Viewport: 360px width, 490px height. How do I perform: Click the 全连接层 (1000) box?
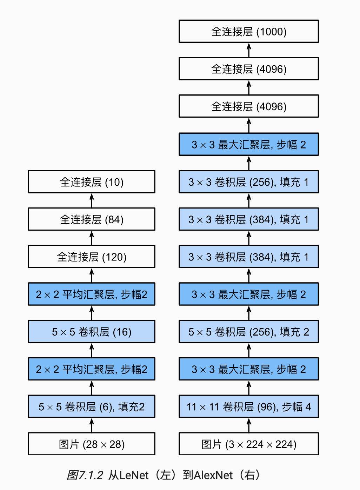tap(248, 31)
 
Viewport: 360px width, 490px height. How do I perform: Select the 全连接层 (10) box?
tap(92, 182)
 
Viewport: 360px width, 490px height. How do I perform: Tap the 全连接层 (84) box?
tap(92, 219)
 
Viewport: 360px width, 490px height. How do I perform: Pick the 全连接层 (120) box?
tap(92, 257)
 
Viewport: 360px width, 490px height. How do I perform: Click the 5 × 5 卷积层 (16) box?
tap(92, 332)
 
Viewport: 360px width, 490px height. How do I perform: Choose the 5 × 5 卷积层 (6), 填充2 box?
tap(92, 406)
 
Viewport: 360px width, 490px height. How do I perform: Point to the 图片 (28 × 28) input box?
tap(92, 444)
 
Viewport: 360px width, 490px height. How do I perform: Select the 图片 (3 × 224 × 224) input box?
tap(248, 444)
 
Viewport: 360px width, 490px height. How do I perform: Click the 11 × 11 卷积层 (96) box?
tap(248, 406)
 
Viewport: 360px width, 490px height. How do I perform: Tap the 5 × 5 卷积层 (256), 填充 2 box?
tap(248, 332)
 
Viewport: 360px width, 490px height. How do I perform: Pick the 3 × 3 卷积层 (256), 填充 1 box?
tap(248, 182)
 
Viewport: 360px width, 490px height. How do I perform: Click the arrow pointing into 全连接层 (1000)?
tap(249, 50)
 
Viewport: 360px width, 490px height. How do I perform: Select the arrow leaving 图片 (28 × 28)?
tap(92, 425)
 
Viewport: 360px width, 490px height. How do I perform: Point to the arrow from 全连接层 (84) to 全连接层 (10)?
tap(92, 200)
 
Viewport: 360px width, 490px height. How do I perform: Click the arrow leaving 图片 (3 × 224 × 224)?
tap(249, 425)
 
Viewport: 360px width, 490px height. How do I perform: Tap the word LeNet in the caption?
tap(134, 475)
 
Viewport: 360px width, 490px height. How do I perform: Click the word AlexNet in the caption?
tap(213, 475)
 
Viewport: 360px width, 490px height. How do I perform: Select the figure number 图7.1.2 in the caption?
tap(85, 475)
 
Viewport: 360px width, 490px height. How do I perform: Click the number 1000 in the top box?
tap(271, 32)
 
